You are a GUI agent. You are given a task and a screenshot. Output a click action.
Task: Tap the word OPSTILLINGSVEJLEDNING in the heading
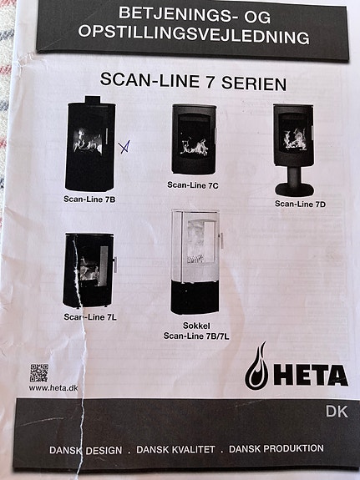tap(193, 36)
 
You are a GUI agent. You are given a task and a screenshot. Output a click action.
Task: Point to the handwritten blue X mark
tap(124, 148)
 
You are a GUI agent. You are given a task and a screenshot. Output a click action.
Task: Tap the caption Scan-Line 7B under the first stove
tap(89, 200)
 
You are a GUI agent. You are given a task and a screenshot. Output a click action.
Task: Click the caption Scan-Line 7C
tap(193, 184)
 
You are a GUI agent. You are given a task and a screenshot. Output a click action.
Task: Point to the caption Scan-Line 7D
tap(300, 204)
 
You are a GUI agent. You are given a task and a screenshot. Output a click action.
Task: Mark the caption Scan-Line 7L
tap(89, 317)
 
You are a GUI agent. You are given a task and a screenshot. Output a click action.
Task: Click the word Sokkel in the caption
tap(197, 326)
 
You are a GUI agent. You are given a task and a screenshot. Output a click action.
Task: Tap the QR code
tap(39, 372)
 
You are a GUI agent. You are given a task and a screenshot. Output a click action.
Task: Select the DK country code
tap(336, 410)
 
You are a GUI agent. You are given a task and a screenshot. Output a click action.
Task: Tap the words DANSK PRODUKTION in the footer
tap(276, 448)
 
